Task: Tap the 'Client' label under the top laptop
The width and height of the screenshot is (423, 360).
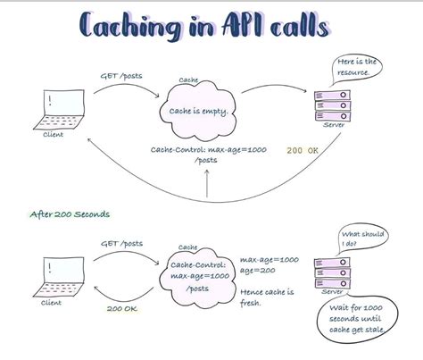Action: (54, 136)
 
